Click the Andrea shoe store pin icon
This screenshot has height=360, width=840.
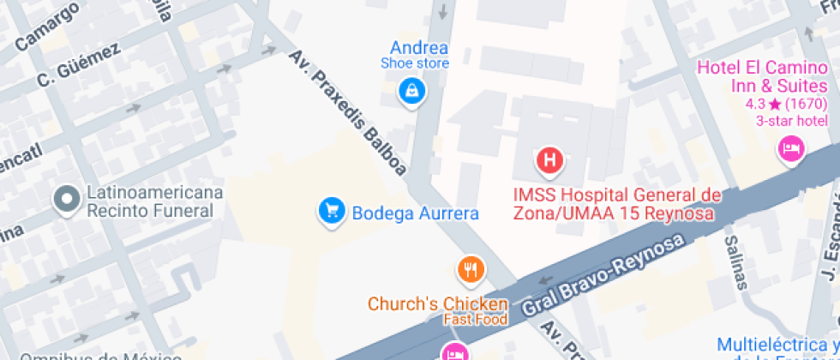412,90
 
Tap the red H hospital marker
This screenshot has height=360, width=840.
550,160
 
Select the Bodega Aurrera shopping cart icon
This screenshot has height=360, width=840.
331,210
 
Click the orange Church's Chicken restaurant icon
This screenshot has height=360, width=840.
469,271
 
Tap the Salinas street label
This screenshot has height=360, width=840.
735,261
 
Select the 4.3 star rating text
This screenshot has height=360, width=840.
785,105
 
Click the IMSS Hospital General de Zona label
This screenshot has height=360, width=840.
616,204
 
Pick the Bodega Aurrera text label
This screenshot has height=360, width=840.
415,213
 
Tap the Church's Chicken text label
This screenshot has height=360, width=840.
437,304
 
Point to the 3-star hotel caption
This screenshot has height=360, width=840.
792,121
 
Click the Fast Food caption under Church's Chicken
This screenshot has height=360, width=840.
475,320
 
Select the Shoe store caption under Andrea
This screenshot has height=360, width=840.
415,63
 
